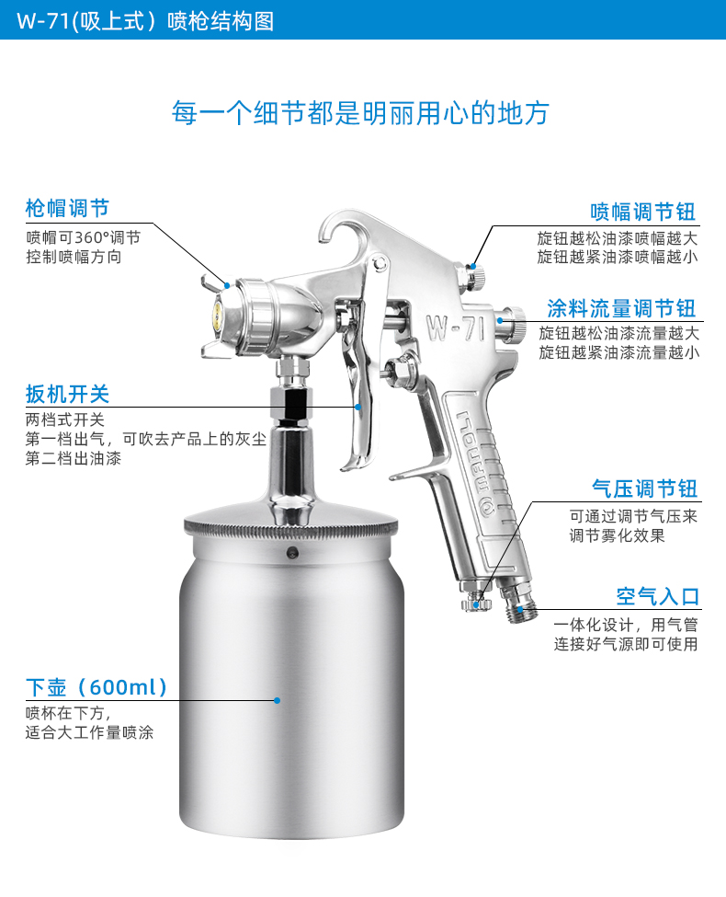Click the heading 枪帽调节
(67, 208)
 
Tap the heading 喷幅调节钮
(643, 212)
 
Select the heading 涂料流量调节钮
(621, 308)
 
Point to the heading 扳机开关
(67, 394)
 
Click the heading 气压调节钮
(644, 489)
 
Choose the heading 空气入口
(657, 597)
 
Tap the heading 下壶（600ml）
(96, 687)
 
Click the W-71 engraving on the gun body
(456, 328)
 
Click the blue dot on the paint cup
(277, 700)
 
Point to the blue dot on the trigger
(357, 407)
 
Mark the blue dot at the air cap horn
(227, 285)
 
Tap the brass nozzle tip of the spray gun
(217, 317)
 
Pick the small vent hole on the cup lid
(292, 553)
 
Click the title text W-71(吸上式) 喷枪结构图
(145, 20)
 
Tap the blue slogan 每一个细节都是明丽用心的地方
(361, 112)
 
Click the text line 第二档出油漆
(74, 458)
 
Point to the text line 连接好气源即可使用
(626, 644)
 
